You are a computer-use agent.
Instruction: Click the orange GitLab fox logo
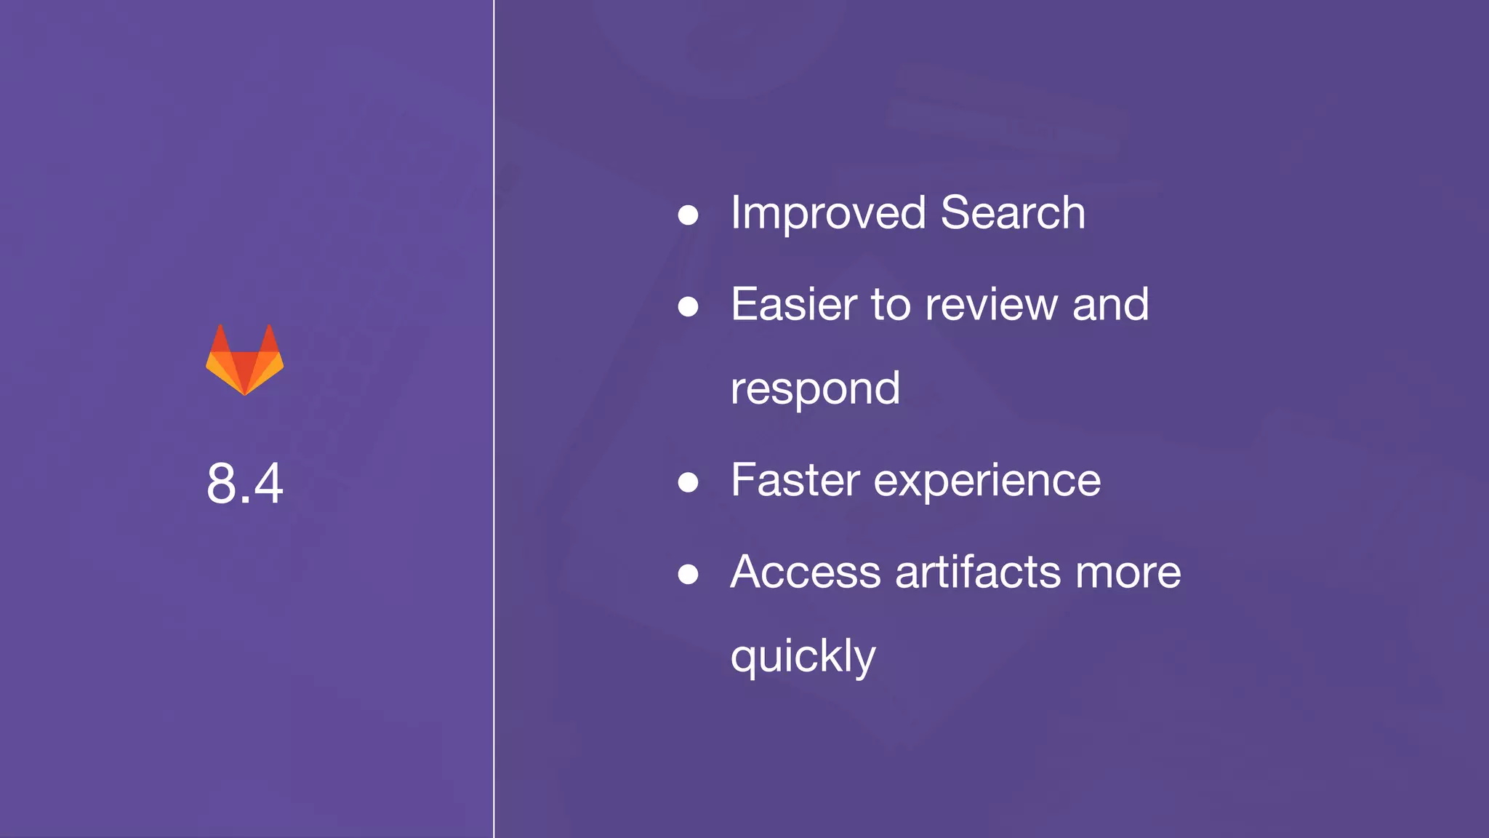(x=245, y=360)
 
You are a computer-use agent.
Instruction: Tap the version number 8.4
(x=245, y=483)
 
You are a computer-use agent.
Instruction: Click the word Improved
(x=828, y=213)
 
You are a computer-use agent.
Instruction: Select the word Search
(x=1013, y=213)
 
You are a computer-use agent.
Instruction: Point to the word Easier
(x=794, y=304)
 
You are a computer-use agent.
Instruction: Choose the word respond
(x=815, y=389)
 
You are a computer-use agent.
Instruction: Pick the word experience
(x=987, y=482)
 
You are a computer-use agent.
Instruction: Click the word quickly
(x=803, y=657)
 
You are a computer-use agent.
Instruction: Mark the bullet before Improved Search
(x=688, y=215)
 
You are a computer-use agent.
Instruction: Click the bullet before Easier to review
(x=688, y=306)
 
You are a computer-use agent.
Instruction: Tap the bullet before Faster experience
(x=688, y=482)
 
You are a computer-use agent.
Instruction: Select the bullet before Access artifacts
(x=688, y=574)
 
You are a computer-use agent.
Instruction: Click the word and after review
(x=1110, y=304)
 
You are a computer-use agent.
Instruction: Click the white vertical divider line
(x=494, y=419)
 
